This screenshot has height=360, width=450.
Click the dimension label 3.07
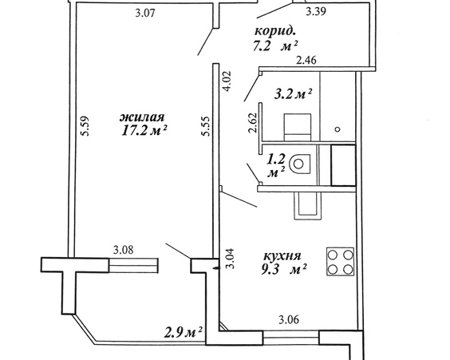145,14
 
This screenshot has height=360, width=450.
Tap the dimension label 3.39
316,11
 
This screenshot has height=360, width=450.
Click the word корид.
275,31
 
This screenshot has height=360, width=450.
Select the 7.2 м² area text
275,45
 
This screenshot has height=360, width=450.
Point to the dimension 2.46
306,61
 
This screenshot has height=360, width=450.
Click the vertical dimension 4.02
229,81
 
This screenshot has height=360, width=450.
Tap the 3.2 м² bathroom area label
293,93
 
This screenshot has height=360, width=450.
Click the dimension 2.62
253,122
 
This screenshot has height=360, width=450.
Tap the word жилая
142,117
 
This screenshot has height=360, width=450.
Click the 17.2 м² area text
144,131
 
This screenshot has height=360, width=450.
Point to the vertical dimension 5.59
85,126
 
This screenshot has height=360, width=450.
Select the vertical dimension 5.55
206,126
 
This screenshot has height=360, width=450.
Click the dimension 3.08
124,250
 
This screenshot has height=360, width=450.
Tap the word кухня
282,255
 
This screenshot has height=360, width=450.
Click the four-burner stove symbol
340,262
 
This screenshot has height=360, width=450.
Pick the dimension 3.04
230,259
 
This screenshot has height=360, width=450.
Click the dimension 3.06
289,319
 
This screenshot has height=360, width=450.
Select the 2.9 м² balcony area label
184,332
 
